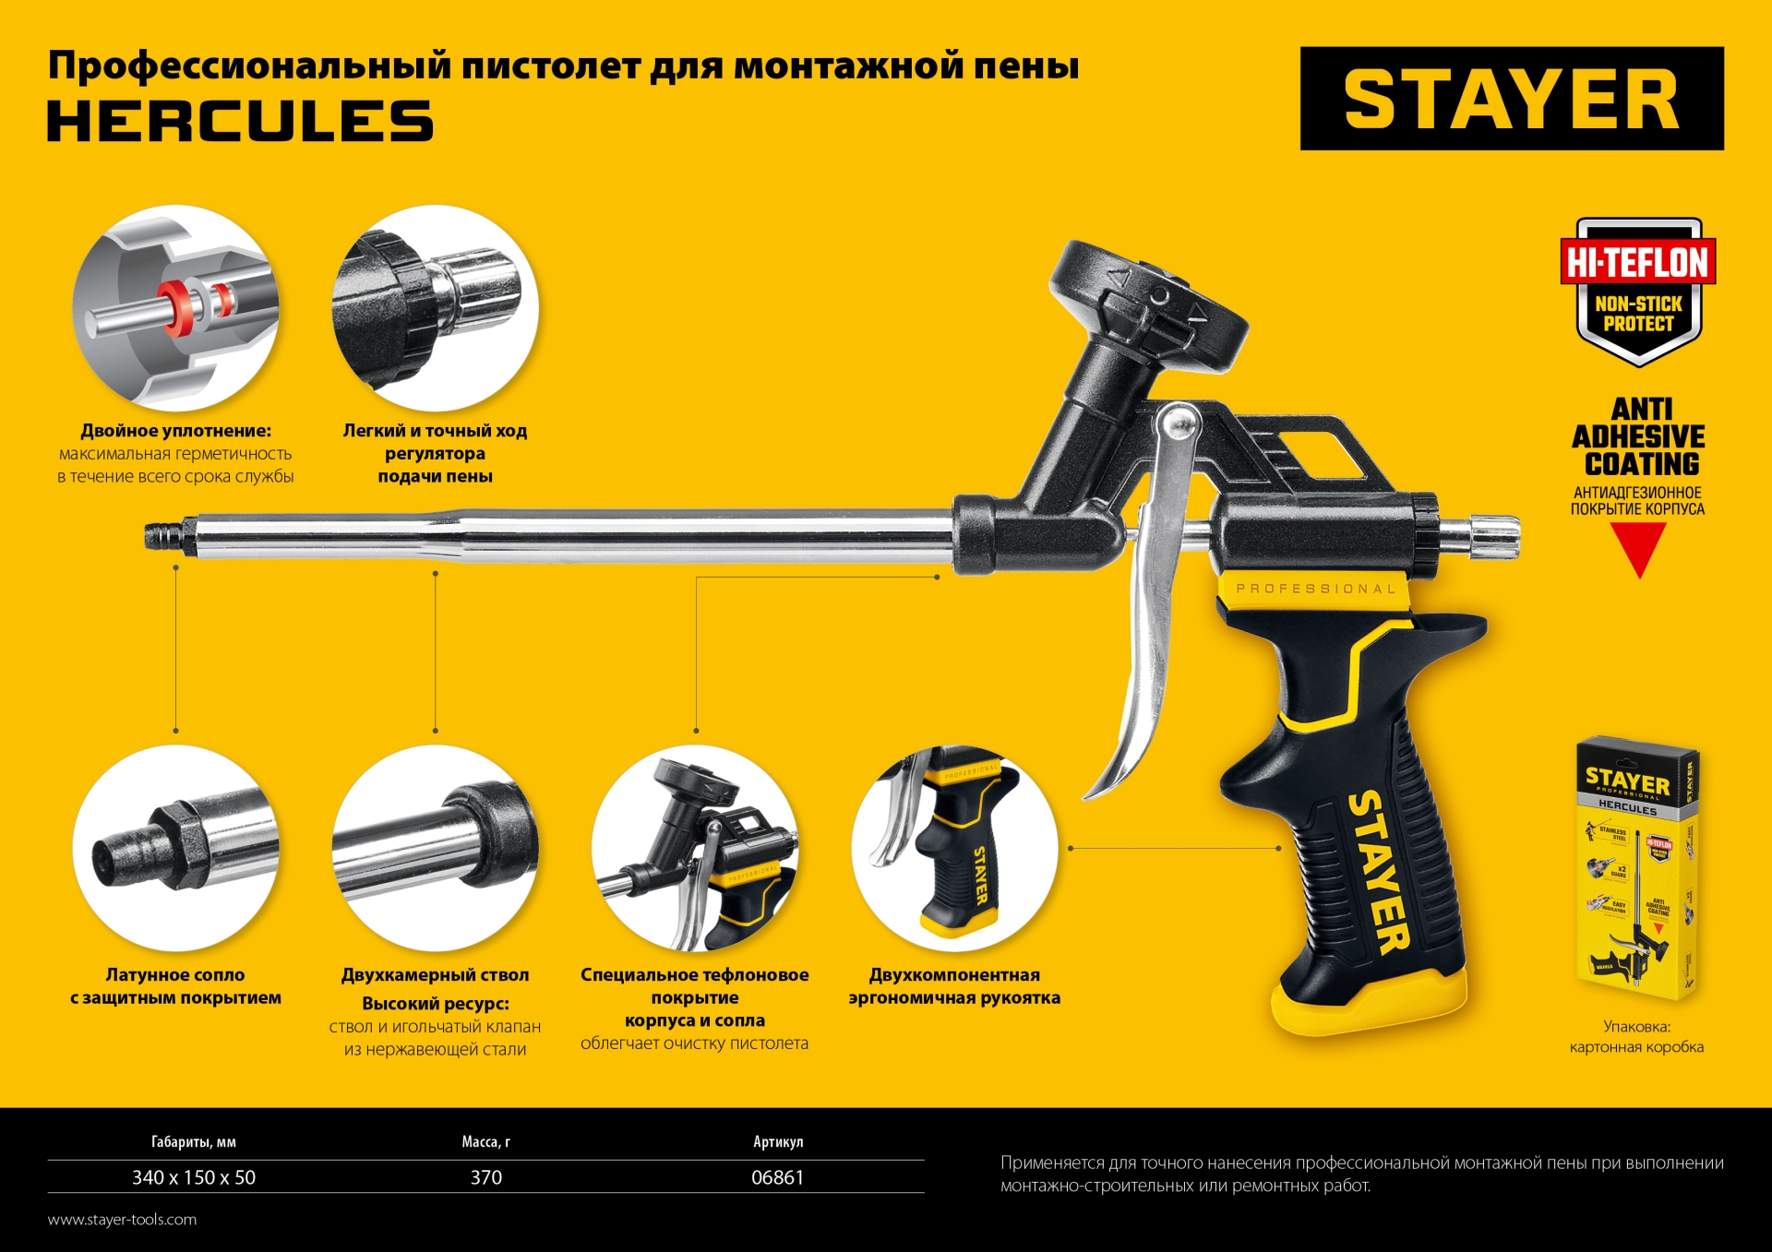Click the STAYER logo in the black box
pyautogui.click(x=1511, y=99)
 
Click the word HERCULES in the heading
pyautogui.click(x=240, y=121)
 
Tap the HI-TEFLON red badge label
pyautogui.click(x=1638, y=263)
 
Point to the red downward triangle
pyautogui.click(x=1638, y=546)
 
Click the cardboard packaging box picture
pyautogui.click(x=1636, y=867)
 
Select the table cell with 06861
pyautogui.click(x=777, y=1177)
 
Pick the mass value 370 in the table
pyautogui.click(x=486, y=1177)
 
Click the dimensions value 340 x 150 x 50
pyautogui.click(x=194, y=1177)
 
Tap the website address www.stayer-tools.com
pyautogui.click(x=122, y=1220)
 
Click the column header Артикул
pyautogui.click(x=778, y=1142)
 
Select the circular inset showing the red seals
pyautogui.click(x=176, y=307)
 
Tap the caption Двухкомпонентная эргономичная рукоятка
pyautogui.click(x=954, y=986)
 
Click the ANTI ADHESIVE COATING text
pyautogui.click(x=1638, y=436)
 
